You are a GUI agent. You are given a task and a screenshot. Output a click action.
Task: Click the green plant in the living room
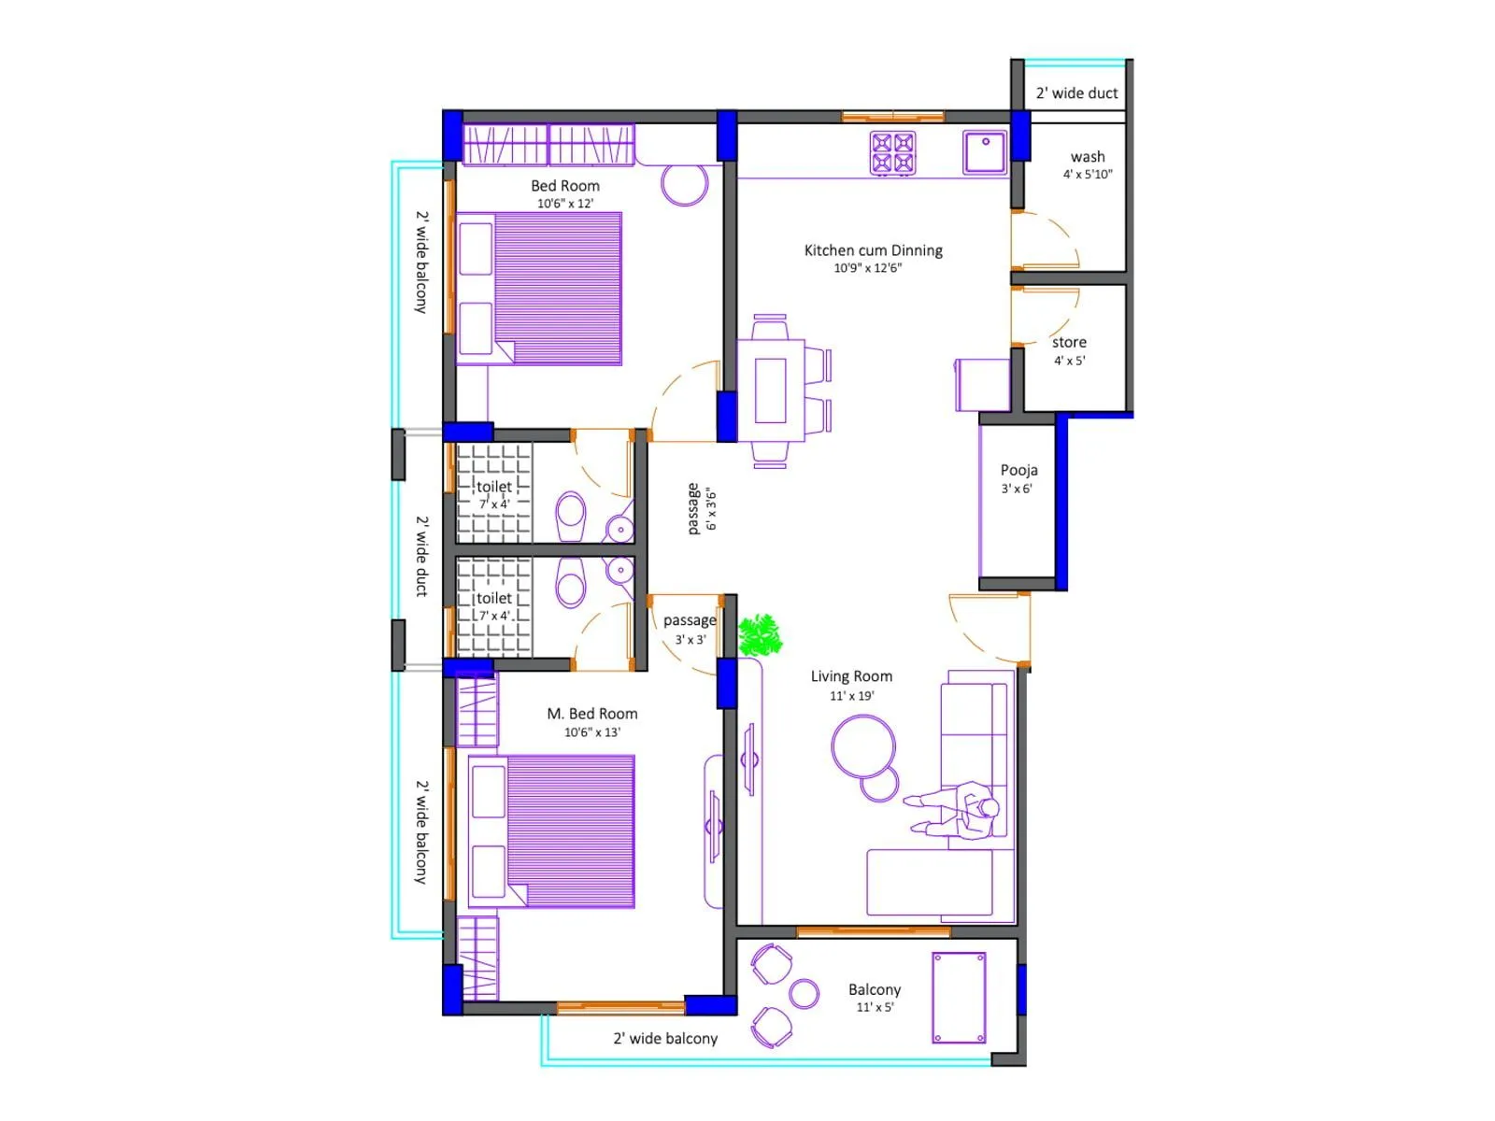tap(760, 635)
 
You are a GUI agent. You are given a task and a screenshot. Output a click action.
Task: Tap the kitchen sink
tap(985, 152)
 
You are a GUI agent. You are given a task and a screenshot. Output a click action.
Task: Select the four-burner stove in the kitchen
tap(892, 153)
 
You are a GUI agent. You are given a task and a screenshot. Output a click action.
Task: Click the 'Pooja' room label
tap(1018, 470)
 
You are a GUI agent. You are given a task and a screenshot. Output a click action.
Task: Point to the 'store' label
tap(1069, 342)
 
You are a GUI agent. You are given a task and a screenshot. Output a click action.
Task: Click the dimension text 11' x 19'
tap(851, 696)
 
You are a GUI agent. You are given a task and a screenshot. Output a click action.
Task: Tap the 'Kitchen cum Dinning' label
tap(873, 250)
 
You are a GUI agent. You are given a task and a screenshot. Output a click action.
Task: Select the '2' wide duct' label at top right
tap(1076, 93)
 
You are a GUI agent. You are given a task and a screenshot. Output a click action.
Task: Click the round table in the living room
tap(863, 746)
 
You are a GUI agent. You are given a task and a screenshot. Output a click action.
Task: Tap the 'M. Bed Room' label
tap(591, 714)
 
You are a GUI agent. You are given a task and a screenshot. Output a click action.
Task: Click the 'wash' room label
tap(1088, 157)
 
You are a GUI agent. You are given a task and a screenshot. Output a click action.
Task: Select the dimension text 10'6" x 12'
tap(564, 204)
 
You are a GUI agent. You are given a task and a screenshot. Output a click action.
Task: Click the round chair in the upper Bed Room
tap(685, 183)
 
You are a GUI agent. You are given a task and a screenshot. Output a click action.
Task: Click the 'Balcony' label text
tap(875, 989)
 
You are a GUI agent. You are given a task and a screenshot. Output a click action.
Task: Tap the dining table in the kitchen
tap(771, 390)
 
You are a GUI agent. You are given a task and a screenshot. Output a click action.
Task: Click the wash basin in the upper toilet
tap(619, 529)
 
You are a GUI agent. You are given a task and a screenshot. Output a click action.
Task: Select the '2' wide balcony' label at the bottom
tap(665, 1039)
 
